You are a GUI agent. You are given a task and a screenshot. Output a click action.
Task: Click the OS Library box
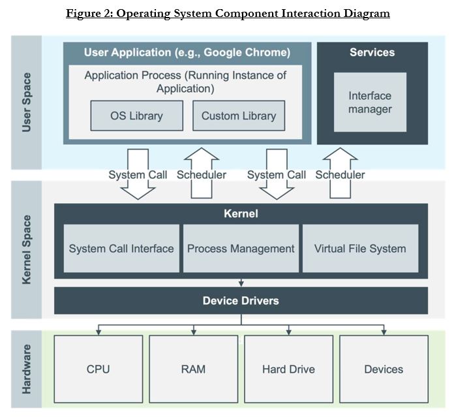click(x=137, y=116)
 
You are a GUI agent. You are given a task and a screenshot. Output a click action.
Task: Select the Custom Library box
click(x=239, y=116)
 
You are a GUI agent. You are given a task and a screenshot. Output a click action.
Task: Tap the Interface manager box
click(x=370, y=102)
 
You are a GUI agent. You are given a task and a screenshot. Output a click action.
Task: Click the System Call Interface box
click(x=121, y=249)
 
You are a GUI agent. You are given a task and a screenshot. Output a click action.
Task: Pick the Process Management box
click(x=241, y=249)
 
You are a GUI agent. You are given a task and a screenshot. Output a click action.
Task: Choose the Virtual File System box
click(x=361, y=249)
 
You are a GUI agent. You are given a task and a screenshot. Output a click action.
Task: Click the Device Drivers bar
click(x=241, y=301)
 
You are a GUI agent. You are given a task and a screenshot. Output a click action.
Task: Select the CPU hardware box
click(x=98, y=369)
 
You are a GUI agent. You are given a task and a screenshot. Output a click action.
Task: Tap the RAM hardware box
click(x=194, y=369)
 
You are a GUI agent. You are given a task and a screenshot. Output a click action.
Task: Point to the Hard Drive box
click(x=289, y=369)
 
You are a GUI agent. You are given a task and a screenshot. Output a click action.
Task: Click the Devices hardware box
click(x=384, y=369)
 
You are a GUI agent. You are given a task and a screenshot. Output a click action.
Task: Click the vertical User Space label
click(x=26, y=102)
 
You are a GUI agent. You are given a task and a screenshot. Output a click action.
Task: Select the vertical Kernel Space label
click(x=26, y=250)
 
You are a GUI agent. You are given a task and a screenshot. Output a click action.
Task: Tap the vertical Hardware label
click(x=26, y=369)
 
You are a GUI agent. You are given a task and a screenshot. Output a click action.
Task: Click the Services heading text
click(x=372, y=52)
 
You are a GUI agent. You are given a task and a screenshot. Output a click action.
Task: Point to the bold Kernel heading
click(x=241, y=213)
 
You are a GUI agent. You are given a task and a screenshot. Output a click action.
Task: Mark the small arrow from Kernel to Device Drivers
click(x=241, y=283)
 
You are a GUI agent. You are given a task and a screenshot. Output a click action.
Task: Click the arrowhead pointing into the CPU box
click(x=98, y=332)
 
